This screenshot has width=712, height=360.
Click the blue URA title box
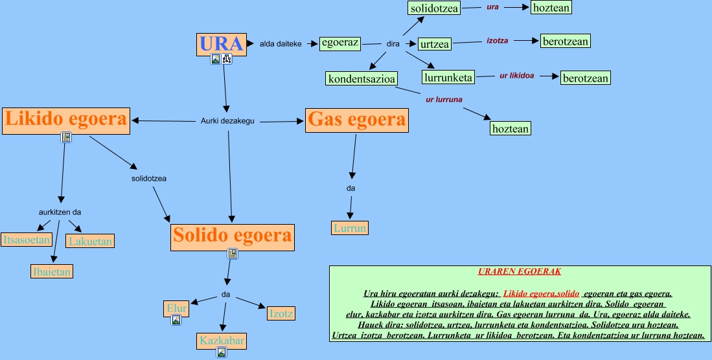coord(221,44)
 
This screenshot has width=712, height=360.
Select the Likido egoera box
coord(66,120)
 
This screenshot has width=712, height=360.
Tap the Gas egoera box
coord(357,120)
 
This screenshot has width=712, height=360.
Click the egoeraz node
coord(339,43)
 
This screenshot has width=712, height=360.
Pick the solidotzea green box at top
coord(434,8)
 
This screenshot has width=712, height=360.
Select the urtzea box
coord(434,44)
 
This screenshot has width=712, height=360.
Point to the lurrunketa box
coord(448,78)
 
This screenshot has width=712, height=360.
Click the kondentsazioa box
coord(362,79)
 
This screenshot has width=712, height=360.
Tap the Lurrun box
coord(350,228)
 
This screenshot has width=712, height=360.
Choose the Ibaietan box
coord(51,271)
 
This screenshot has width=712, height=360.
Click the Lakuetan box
coord(91,242)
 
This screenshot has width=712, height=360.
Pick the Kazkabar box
coord(222,341)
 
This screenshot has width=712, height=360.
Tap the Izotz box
coord(281,314)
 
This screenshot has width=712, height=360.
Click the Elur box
coord(176,309)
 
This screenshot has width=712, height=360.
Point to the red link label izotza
coord(497,40)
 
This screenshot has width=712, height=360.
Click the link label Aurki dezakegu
coord(227,120)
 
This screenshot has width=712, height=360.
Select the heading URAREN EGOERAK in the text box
coord(519,271)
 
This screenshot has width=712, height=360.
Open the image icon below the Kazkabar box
coord(222,353)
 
